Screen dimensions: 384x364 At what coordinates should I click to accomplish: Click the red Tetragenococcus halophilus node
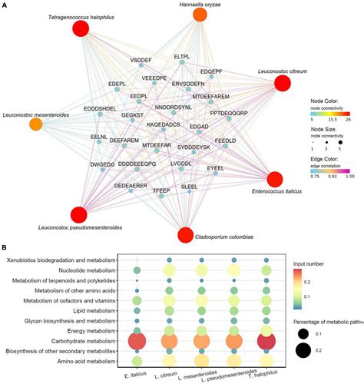tap(81, 30)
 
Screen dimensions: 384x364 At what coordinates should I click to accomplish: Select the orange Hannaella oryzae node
tap(200, 15)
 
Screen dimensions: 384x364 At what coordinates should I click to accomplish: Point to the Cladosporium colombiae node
tap(185, 214)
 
